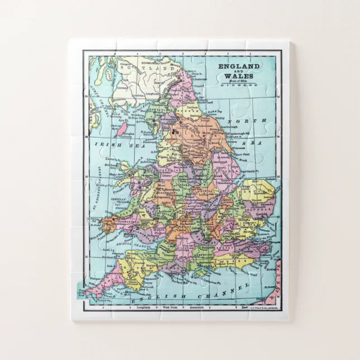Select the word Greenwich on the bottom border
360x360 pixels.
[x=197, y=307]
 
